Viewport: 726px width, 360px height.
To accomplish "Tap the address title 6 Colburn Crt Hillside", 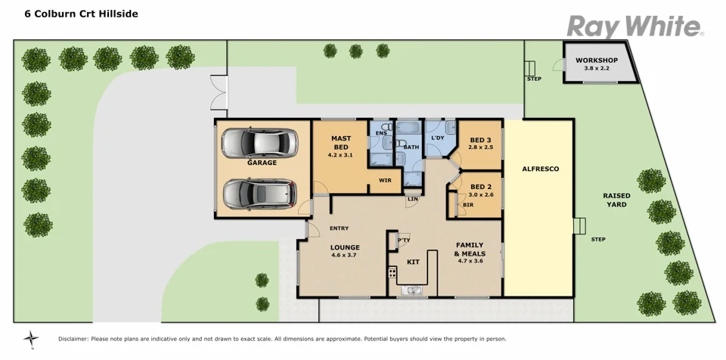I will point(81,14).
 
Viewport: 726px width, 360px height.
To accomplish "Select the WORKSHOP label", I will point(597,61).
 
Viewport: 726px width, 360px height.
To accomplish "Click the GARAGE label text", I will point(262,163).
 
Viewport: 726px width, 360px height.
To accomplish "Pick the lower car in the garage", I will point(259,194).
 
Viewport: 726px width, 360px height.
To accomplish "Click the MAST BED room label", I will point(340,142).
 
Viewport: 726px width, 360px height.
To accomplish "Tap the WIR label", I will point(385,181).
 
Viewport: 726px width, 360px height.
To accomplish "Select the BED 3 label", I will point(480,140).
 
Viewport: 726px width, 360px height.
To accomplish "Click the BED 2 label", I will point(481,187).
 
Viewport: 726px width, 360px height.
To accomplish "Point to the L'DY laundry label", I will point(437,138).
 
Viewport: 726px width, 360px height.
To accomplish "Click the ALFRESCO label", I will point(540,169).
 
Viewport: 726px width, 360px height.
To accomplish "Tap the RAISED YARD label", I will point(616,200).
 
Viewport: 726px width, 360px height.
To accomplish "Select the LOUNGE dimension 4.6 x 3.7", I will point(344,255).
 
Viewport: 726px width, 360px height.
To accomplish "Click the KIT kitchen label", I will point(413,261).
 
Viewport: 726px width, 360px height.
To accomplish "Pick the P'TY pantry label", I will point(403,241).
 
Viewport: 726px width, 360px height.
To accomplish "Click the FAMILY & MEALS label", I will point(470,249).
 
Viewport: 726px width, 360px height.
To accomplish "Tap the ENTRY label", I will point(339,228).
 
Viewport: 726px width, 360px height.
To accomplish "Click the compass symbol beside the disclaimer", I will point(31,339).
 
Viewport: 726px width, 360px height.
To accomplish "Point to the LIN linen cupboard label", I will point(412,199).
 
